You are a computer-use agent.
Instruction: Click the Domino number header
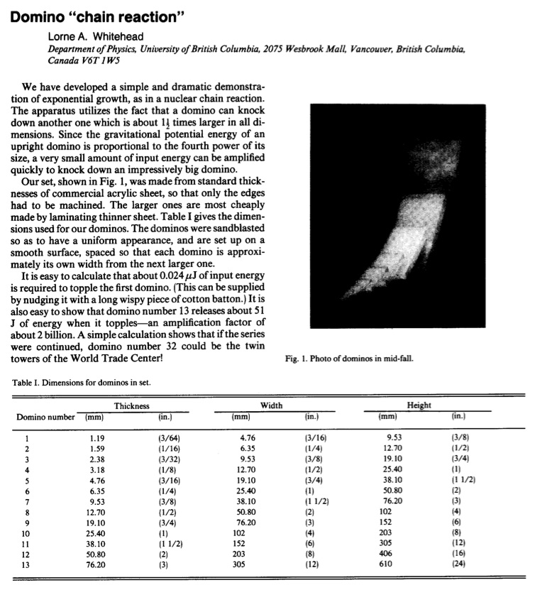(45, 417)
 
